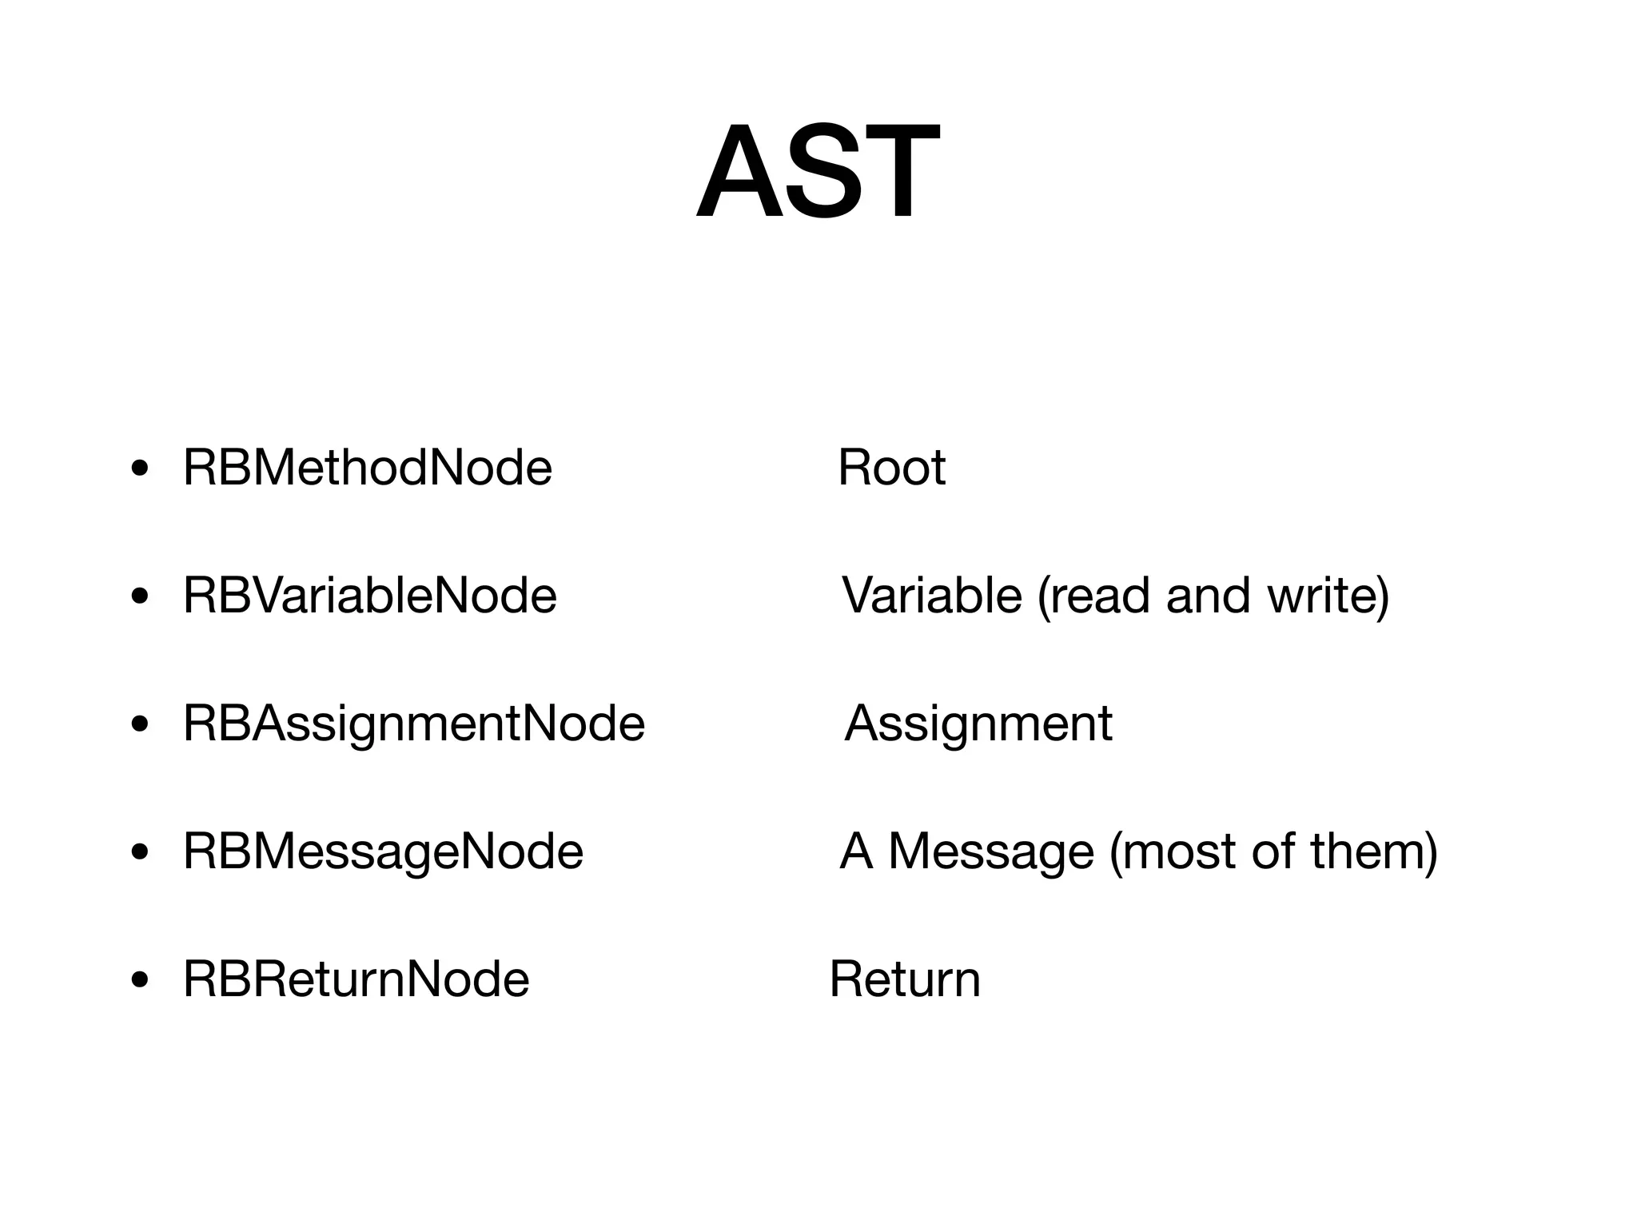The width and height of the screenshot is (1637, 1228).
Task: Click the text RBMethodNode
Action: pos(368,468)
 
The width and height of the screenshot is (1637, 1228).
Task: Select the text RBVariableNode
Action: pos(369,596)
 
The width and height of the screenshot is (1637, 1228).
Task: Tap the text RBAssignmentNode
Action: pos(413,724)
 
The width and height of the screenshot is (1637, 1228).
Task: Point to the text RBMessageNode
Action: pos(383,851)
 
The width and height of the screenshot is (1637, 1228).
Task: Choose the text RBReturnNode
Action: pos(356,979)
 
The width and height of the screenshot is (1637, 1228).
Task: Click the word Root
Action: pos(891,468)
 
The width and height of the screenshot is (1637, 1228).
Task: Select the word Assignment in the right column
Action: pos(978,724)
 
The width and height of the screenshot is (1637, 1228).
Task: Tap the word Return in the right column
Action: pos(904,979)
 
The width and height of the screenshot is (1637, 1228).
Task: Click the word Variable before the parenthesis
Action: pos(932,596)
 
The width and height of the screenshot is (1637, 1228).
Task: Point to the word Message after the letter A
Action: pos(991,851)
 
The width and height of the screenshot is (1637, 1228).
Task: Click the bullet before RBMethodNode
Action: pos(140,468)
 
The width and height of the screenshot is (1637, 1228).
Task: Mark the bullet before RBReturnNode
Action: pos(140,980)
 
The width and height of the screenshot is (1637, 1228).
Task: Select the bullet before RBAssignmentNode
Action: pos(140,724)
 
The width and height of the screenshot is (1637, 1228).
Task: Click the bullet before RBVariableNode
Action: pos(140,596)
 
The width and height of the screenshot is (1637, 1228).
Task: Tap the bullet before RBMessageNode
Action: pos(140,852)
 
